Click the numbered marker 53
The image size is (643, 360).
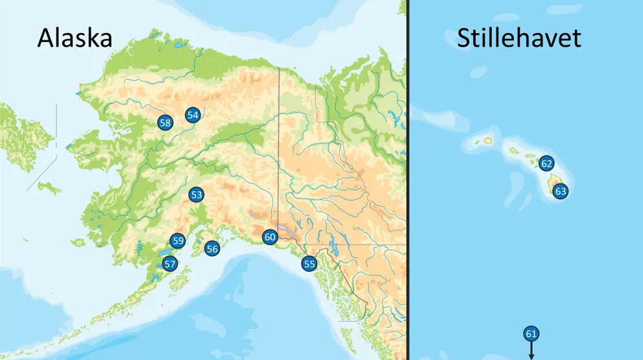click(x=196, y=194)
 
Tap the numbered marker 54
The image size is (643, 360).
click(x=192, y=115)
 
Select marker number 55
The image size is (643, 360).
click(x=309, y=263)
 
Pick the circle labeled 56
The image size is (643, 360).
click(x=212, y=248)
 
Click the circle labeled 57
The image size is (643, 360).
click(x=169, y=263)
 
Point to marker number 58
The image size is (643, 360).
click(x=165, y=122)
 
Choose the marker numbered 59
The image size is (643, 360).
click(x=178, y=241)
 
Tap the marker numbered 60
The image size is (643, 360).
click(x=270, y=237)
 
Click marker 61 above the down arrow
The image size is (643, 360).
click(x=531, y=334)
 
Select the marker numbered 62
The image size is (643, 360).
click(x=546, y=163)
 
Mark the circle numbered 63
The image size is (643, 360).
click(x=560, y=191)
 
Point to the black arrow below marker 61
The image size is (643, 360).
click(x=531, y=351)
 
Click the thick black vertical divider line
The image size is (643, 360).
click(x=407, y=195)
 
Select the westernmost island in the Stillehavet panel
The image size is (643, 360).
click(x=487, y=139)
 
